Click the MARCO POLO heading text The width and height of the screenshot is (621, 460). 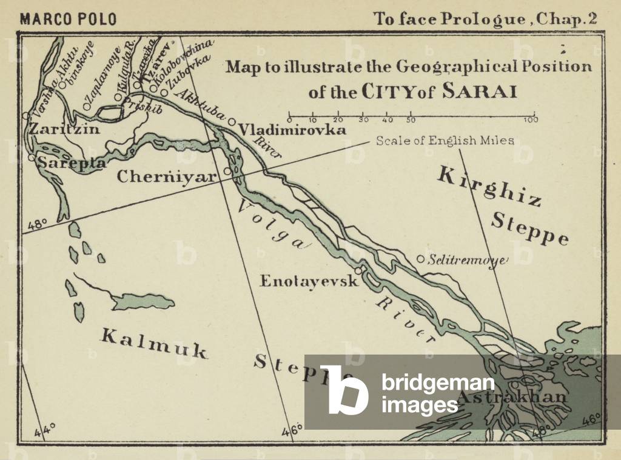pyautogui.click(x=68, y=19)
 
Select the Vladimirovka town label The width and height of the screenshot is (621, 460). pyautogui.click(x=292, y=130)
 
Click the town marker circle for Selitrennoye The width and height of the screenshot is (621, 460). pyautogui.click(x=420, y=259)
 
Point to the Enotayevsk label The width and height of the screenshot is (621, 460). pyautogui.click(x=309, y=281)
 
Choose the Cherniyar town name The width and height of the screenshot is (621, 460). pyautogui.click(x=166, y=177)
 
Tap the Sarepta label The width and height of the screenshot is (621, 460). pyautogui.click(x=72, y=163)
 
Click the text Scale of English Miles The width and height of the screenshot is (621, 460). pyautogui.click(x=445, y=141)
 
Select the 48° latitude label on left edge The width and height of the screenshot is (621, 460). pyautogui.click(x=37, y=225)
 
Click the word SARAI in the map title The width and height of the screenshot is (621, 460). pyautogui.click(x=480, y=92)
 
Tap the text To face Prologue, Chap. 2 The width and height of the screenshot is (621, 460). pyautogui.click(x=486, y=19)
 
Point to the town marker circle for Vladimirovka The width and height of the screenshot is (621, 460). pyautogui.click(x=232, y=122)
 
